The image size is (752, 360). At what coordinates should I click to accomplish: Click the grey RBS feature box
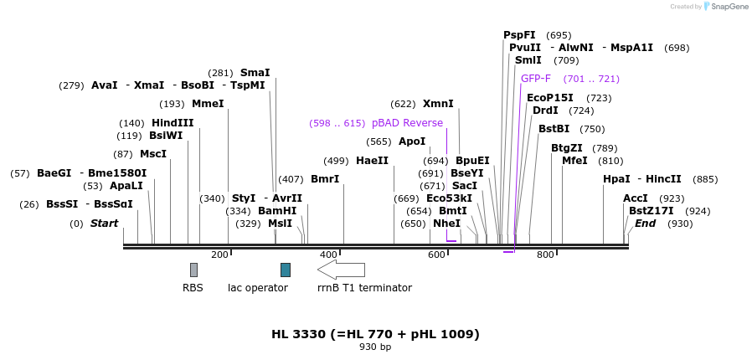click(193, 270)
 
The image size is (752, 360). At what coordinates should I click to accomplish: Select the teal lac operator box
click(286, 270)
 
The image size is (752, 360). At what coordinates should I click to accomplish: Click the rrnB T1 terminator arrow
click(341, 270)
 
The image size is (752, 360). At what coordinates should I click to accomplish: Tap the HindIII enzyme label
click(173, 123)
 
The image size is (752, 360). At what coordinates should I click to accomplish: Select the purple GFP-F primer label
click(536, 79)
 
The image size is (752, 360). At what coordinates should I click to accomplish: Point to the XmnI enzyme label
click(438, 104)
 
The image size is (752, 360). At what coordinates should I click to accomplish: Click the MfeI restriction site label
click(574, 161)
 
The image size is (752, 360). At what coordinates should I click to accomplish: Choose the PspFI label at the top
click(519, 35)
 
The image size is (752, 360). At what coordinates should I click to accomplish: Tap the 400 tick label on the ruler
click(328, 255)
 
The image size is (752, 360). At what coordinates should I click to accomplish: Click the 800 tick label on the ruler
click(545, 255)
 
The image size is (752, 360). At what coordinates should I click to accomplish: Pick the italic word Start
click(104, 224)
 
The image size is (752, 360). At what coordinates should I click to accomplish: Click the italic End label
click(645, 224)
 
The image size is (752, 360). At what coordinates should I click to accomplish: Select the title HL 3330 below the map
click(375, 334)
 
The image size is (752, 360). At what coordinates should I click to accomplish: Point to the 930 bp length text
click(375, 347)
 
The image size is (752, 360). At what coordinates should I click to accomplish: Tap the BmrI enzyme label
click(325, 179)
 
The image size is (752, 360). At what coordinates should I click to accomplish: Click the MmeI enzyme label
click(208, 104)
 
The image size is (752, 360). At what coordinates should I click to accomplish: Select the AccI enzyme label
click(636, 198)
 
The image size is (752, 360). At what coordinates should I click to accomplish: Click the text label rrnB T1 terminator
click(364, 288)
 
